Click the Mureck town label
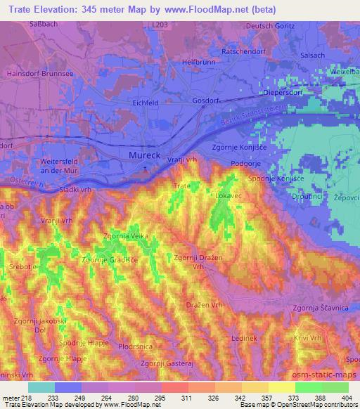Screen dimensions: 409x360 (143, 154)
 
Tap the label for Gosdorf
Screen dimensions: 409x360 (207, 100)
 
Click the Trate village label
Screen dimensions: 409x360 (181, 186)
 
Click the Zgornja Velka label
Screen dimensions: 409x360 (125, 236)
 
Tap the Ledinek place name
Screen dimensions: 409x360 (244, 338)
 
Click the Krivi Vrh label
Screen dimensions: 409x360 (309, 339)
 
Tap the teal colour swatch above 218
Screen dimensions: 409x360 (41, 387)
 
